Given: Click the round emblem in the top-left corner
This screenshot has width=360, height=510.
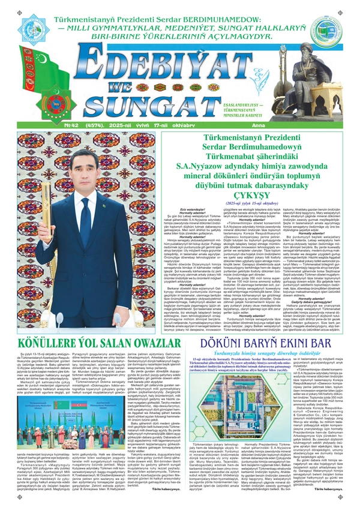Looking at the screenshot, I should click(33, 29).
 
